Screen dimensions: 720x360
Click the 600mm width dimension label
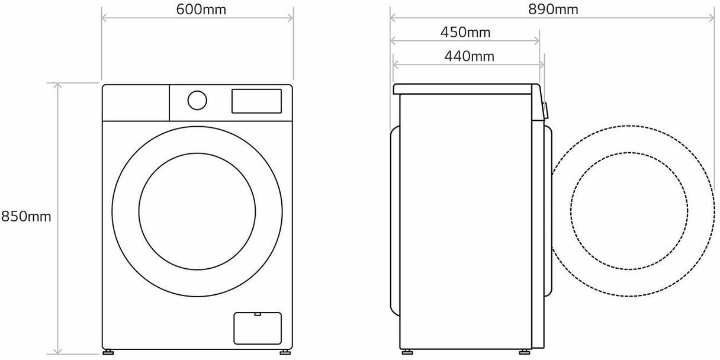click(201, 9)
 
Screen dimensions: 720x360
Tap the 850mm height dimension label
click(26, 217)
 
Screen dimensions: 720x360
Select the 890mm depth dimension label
click(553, 9)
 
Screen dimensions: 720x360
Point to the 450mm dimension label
click(465, 33)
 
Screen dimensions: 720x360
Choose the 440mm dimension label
click(470, 57)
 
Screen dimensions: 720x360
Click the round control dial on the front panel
click(197, 100)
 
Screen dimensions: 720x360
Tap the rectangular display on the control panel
click(256, 101)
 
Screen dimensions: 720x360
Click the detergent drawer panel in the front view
click(136, 103)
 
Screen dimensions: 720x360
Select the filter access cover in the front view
click(258, 328)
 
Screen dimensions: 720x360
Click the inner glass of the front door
click(197, 211)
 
